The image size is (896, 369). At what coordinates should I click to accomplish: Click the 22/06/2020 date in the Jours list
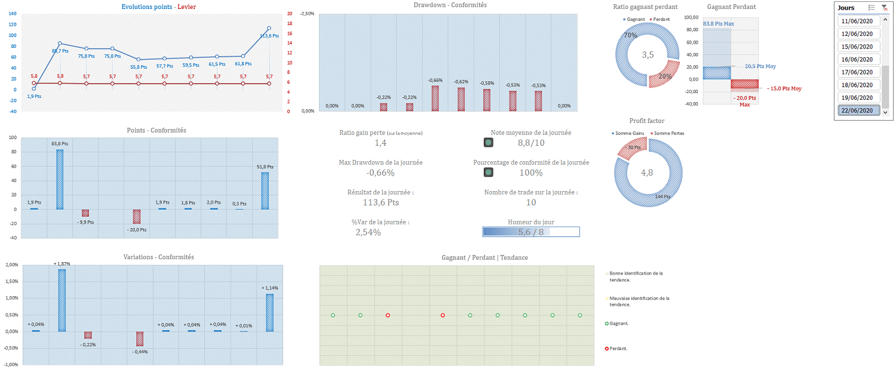pos(857,110)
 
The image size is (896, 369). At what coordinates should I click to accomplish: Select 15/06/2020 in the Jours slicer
pos(857,47)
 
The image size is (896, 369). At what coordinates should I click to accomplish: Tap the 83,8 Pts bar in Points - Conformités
pos(60,179)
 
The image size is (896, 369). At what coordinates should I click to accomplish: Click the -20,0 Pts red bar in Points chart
pos(137,216)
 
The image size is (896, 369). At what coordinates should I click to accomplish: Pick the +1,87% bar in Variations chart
pos(62,300)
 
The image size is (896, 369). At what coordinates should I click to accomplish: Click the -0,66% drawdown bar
pos(435,98)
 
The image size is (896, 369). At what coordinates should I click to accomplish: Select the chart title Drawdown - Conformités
pos(450,5)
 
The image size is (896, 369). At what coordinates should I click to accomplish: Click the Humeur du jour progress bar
pos(530,232)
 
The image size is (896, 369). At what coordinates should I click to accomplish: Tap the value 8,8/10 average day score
pos(530,143)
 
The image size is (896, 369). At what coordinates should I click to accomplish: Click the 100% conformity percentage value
pos(530,173)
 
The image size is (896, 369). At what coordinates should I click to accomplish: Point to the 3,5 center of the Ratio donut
pos(648,55)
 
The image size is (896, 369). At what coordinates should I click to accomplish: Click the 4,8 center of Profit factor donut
pos(648,173)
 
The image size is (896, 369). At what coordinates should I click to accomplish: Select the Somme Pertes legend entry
pos(667,133)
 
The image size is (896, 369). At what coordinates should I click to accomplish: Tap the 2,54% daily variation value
pos(368,232)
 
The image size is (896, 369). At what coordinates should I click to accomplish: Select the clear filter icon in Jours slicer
pos(883,8)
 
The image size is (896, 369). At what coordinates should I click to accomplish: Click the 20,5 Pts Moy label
pos(760,66)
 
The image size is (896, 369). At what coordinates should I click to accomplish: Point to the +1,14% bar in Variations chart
pos(269,312)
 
